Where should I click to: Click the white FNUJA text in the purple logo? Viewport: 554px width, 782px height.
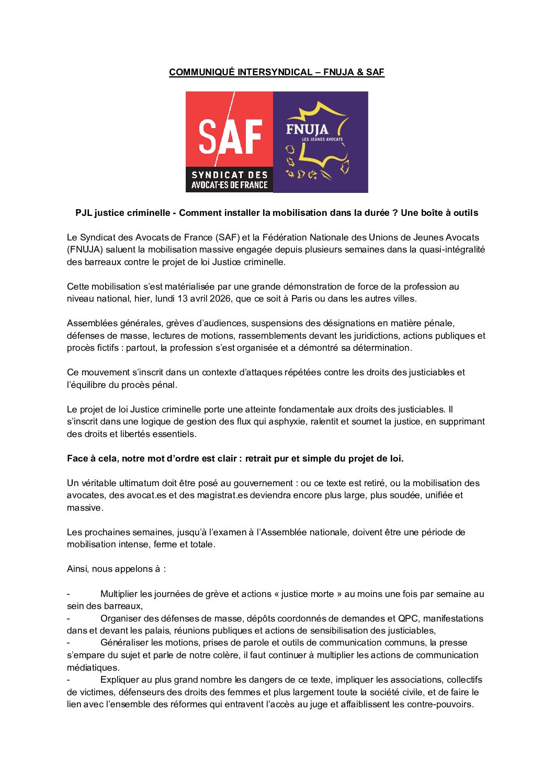click(307, 129)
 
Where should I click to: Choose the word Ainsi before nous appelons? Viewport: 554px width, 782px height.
click(77, 569)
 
